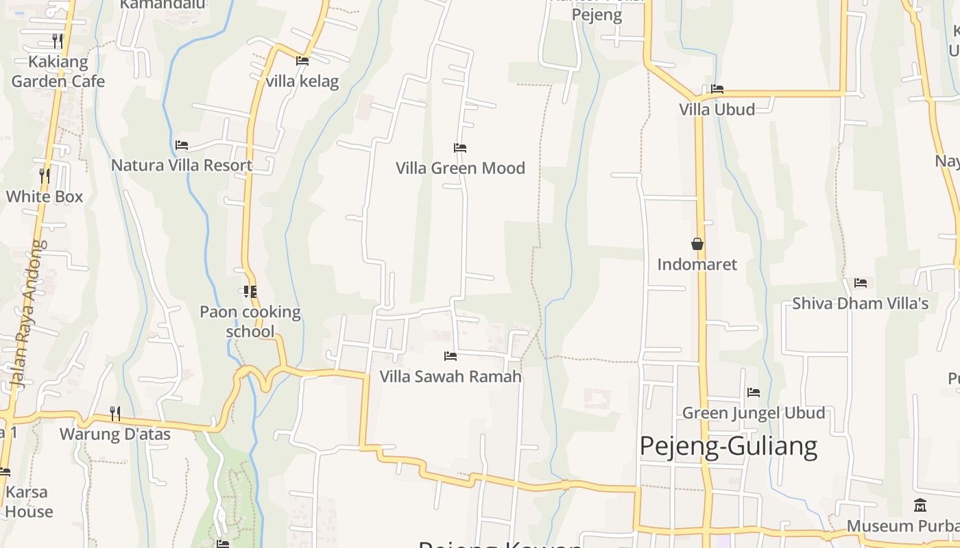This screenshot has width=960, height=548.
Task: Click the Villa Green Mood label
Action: click(x=460, y=168)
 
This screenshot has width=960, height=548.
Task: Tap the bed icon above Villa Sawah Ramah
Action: click(x=451, y=356)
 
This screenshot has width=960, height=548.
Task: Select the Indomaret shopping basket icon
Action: click(x=697, y=244)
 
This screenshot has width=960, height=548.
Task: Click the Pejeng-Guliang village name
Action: click(x=728, y=446)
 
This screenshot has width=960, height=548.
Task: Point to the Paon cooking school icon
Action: click(x=250, y=292)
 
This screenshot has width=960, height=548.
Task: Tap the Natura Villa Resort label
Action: click(x=182, y=165)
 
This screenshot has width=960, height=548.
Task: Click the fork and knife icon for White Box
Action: click(x=45, y=176)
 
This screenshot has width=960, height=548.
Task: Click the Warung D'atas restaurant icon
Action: click(x=115, y=413)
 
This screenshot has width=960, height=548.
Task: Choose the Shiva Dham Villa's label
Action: click(x=861, y=303)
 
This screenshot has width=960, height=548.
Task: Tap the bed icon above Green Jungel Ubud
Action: click(x=754, y=393)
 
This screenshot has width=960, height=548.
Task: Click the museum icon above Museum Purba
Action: click(x=920, y=506)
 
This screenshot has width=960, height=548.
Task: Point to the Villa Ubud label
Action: click(x=717, y=110)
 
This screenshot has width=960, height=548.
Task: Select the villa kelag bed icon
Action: click(x=302, y=61)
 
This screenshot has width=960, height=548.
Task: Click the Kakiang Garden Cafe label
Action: click(x=58, y=71)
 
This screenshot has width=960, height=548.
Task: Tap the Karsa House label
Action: click(x=27, y=501)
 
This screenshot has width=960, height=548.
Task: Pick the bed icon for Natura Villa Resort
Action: click(x=182, y=145)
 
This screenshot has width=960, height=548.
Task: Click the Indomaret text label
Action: click(x=697, y=264)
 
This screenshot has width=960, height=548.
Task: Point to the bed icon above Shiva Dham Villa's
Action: click(x=861, y=283)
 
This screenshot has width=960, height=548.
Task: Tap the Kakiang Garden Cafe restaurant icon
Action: click(x=58, y=41)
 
